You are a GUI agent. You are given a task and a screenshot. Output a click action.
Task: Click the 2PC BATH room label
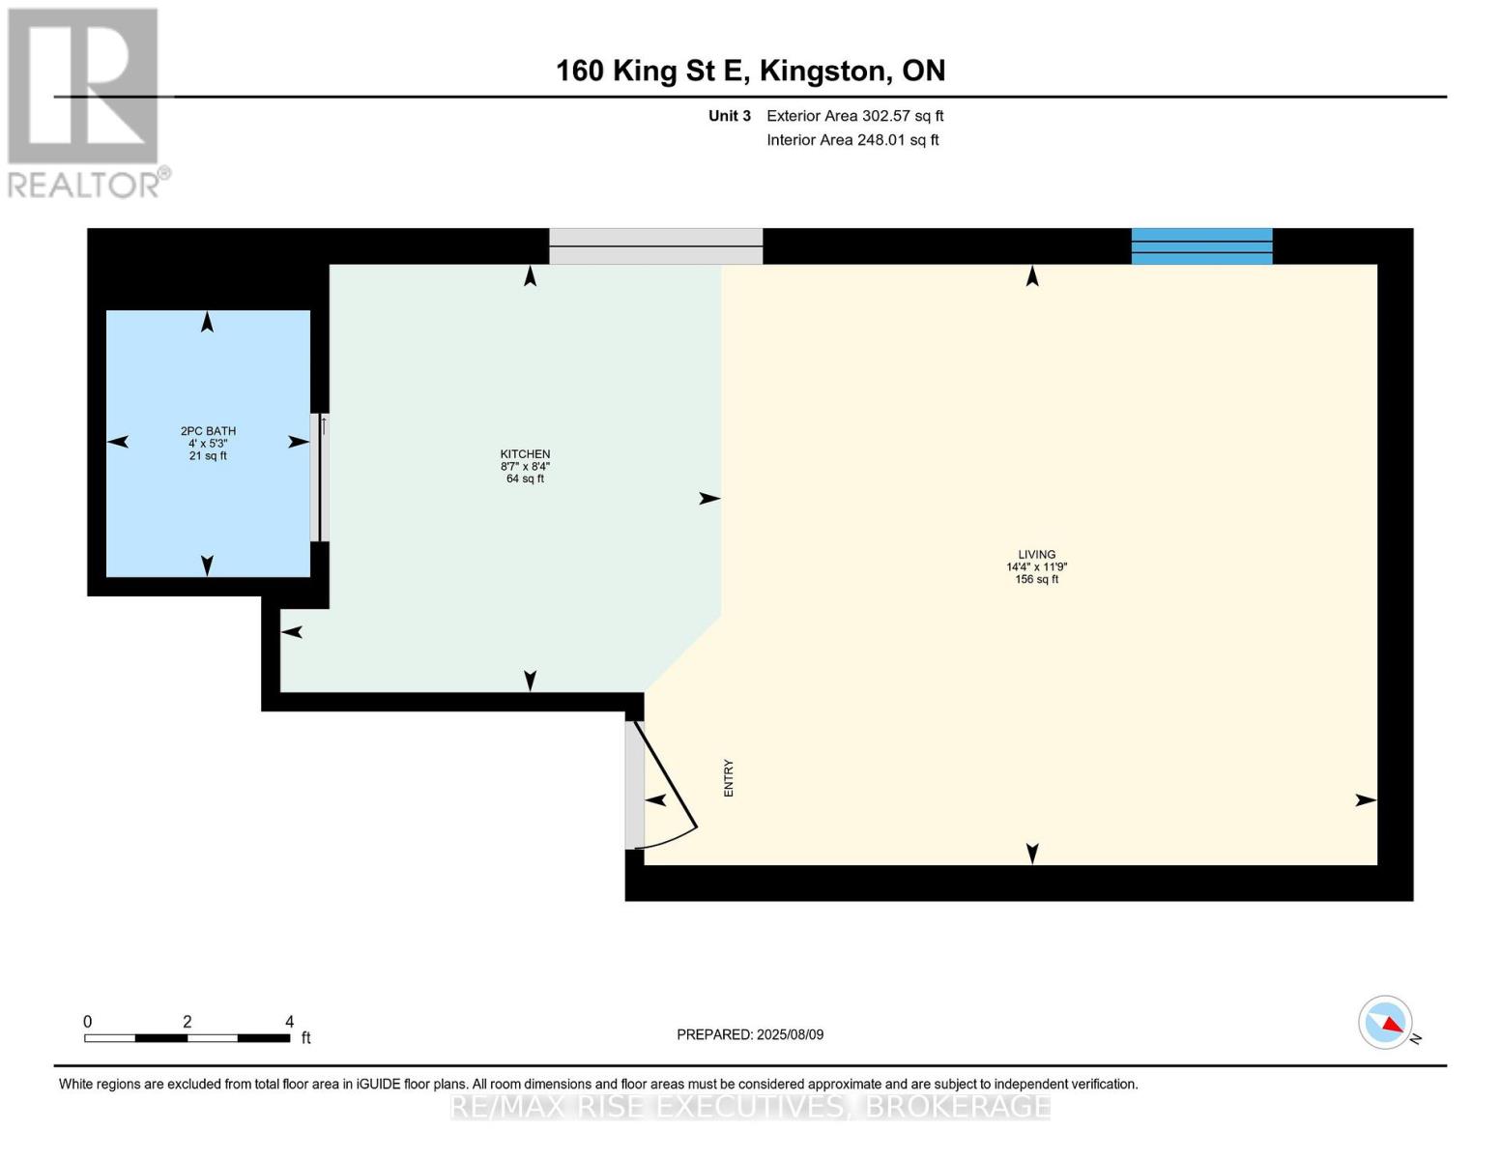208,431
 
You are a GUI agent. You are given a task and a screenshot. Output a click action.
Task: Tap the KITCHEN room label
525,454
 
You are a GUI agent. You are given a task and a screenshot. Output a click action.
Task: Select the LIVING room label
1036,555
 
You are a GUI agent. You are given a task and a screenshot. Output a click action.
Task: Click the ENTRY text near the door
729,778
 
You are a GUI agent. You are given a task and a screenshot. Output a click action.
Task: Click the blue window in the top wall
1201,246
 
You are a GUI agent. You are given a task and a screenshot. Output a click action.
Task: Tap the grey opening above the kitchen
655,246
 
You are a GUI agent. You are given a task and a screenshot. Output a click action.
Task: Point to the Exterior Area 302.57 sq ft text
854,116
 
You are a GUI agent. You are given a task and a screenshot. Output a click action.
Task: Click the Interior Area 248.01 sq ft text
852,140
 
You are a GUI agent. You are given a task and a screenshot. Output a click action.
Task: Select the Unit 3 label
729,116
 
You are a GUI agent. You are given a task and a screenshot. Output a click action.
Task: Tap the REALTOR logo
84,102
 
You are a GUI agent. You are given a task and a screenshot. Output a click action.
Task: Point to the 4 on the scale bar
289,1022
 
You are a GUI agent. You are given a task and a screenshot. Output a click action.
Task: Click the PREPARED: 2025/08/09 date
750,1034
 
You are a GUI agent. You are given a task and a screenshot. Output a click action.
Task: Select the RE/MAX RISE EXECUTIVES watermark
750,1106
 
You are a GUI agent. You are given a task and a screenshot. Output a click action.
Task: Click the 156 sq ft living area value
1036,580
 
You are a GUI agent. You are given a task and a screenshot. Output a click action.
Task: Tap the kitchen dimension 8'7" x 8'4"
525,466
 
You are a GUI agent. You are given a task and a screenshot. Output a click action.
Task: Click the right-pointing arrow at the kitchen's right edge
709,499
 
